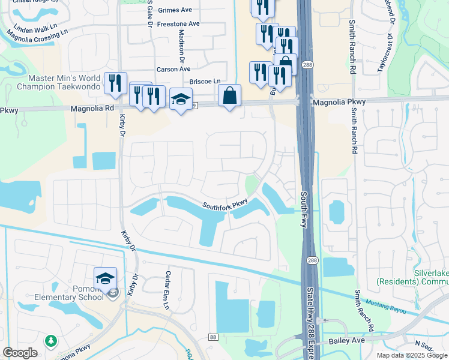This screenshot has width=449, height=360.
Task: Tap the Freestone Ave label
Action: pyautogui.click(x=178, y=24)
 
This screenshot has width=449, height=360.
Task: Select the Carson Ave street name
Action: pyautogui.click(x=173, y=70)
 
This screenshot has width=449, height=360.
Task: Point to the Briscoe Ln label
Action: pyautogui.click(x=205, y=82)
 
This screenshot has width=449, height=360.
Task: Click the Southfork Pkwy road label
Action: pyautogui.click(x=224, y=206)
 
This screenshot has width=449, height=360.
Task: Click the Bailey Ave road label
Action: pyautogui.click(x=347, y=341)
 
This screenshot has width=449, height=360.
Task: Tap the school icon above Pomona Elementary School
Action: pyautogui.click(x=105, y=278)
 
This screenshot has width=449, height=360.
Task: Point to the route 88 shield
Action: pyautogui.click(x=213, y=338)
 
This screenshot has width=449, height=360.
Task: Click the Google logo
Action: pyautogui.click(x=20, y=352)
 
